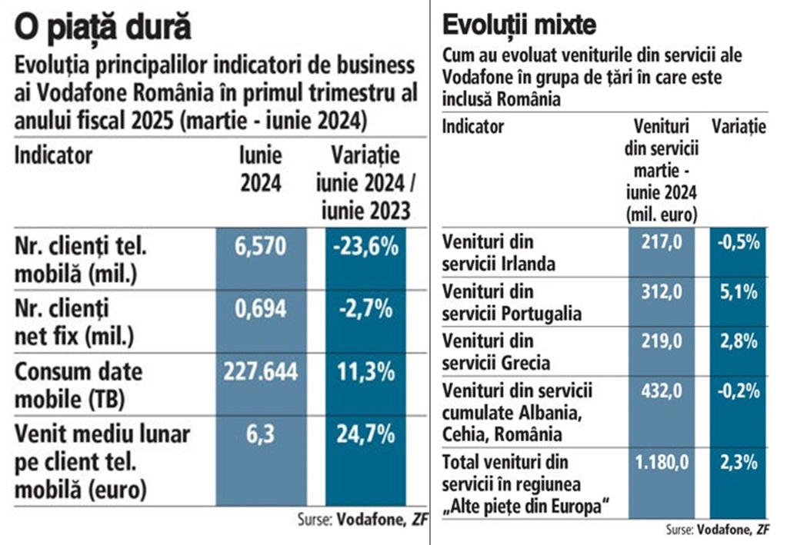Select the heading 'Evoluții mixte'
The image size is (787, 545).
(x=519, y=25)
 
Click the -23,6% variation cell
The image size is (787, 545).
(x=365, y=247)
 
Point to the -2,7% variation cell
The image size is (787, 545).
(x=365, y=309)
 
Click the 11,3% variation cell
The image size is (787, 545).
(x=365, y=372)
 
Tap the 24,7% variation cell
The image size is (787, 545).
(x=365, y=435)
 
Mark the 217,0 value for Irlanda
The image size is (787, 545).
(x=662, y=242)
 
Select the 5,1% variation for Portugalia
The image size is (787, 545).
(x=739, y=292)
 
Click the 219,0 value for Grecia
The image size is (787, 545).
(x=662, y=341)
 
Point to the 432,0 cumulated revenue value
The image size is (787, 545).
(x=662, y=390)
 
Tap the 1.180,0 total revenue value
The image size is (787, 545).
(x=662, y=464)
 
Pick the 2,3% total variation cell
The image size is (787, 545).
(x=739, y=464)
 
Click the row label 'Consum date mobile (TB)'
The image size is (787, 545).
(x=78, y=384)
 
